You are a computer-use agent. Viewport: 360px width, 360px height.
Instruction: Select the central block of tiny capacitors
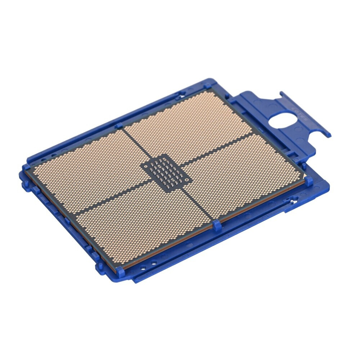click(166, 171)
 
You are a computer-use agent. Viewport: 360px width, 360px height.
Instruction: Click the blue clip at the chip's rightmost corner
click(309, 181)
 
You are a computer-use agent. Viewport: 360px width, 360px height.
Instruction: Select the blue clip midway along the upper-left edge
click(119, 126)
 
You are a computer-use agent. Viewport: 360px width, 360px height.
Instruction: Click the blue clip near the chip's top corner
click(208, 86)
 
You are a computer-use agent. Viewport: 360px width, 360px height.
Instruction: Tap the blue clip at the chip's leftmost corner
click(26, 167)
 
